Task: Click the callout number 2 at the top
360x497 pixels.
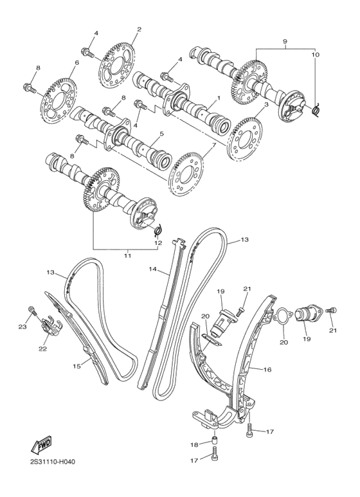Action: pyautogui.click(x=139, y=29)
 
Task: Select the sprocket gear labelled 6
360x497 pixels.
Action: pyautogui.click(x=59, y=98)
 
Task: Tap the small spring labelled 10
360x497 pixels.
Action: pyautogui.click(x=316, y=111)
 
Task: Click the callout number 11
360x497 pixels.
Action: pyautogui.click(x=127, y=255)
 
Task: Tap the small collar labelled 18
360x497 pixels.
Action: pyautogui.click(x=214, y=442)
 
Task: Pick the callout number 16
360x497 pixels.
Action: pyautogui.click(x=267, y=370)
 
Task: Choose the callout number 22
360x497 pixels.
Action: pyautogui.click(x=42, y=349)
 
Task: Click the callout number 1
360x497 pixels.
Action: pyautogui.click(x=218, y=98)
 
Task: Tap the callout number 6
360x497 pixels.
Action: pyautogui.click(x=76, y=62)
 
